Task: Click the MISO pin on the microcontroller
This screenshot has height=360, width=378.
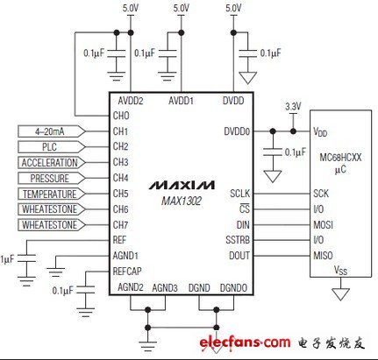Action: pyautogui.click(x=323, y=256)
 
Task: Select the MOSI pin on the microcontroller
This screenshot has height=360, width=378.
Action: pyautogui.click(x=323, y=224)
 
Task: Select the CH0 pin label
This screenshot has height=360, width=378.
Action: pyautogui.click(x=121, y=115)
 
